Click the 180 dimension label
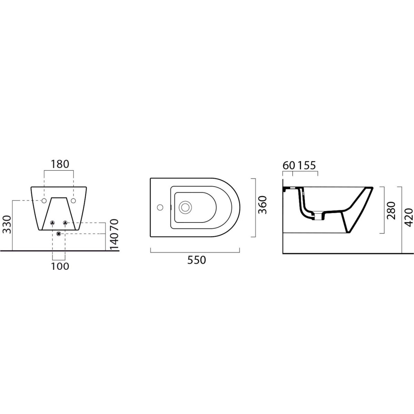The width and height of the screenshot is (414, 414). (60, 164)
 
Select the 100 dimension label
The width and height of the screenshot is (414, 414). (60, 266)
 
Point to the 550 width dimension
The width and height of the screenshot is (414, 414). (197, 260)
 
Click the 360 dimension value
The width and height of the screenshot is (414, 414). (262, 205)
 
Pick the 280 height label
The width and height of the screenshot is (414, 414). (391, 210)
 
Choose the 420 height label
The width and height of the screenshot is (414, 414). (408, 217)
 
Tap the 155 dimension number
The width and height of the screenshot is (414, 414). (307, 166)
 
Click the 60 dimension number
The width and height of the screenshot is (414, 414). (289, 166)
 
